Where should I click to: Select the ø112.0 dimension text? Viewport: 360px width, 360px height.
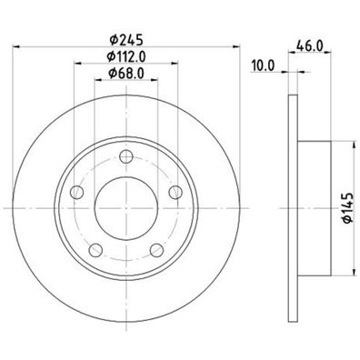click(x=125, y=56)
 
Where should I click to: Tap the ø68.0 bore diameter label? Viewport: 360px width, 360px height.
click(x=125, y=73)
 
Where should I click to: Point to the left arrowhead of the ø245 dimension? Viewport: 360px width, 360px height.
click(x=17, y=47)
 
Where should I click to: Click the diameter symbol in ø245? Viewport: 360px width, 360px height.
click(x=106, y=39)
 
